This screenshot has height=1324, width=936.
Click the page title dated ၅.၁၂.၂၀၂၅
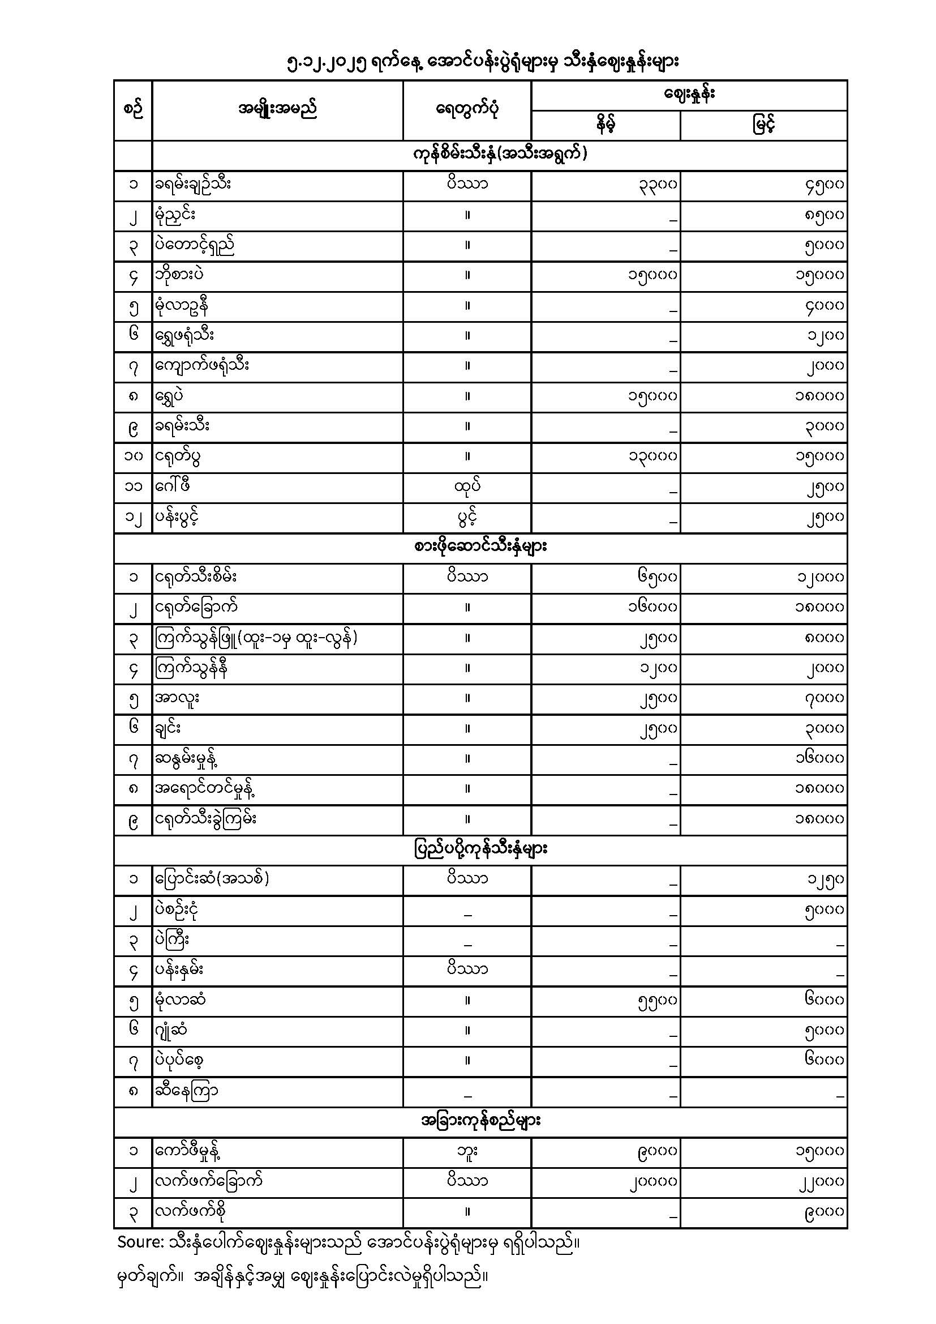pyautogui.click(x=483, y=62)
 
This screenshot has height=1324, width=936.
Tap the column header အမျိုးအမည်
pyautogui.click(x=277, y=109)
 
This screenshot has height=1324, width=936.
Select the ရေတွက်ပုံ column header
pyautogui.click(x=467, y=109)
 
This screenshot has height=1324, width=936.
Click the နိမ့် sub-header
pyautogui.click(x=605, y=125)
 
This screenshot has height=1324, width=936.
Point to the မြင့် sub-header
pyautogui.click(x=763, y=125)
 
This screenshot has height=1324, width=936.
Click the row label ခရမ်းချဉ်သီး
pyautogui.click(x=193, y=185)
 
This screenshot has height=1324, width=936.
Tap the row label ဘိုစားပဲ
pyautogui.click(x=179, y=275)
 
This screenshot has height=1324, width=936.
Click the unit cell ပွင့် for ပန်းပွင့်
pyautogui.click(x=467, y=517)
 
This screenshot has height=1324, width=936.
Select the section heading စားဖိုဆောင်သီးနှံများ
pyautogui.click(x=480, y=547)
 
